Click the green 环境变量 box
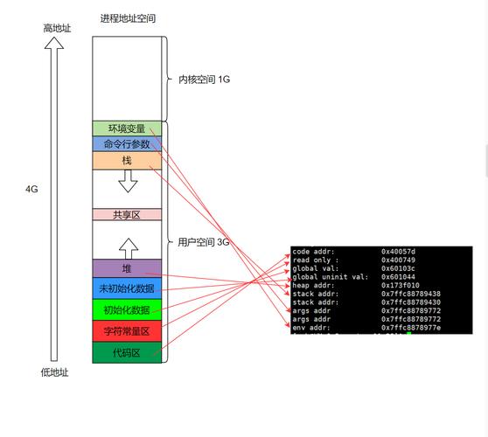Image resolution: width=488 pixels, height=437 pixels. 127,128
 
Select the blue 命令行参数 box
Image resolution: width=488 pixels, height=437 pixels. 127,144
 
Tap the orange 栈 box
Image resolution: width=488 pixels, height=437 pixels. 127,161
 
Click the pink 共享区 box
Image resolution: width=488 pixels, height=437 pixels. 127,215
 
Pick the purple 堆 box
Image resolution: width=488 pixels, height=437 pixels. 127,267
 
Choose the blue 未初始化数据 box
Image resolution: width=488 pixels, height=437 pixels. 127,288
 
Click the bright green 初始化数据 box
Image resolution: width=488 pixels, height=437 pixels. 127,310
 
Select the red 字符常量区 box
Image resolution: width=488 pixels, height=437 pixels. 127,331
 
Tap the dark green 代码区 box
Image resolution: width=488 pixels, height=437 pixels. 127,353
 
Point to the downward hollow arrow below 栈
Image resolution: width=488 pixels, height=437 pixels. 128,181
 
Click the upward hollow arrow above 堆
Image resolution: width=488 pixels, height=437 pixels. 128,246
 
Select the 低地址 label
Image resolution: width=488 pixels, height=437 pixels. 54,372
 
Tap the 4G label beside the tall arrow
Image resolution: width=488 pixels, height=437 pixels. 31,189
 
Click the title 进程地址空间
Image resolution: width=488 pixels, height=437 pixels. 128,18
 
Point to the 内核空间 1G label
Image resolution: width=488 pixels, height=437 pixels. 204,80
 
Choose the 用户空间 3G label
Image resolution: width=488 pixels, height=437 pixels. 203,242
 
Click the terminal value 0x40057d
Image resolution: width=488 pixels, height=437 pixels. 398,252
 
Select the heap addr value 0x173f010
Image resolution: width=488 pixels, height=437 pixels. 400,285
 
